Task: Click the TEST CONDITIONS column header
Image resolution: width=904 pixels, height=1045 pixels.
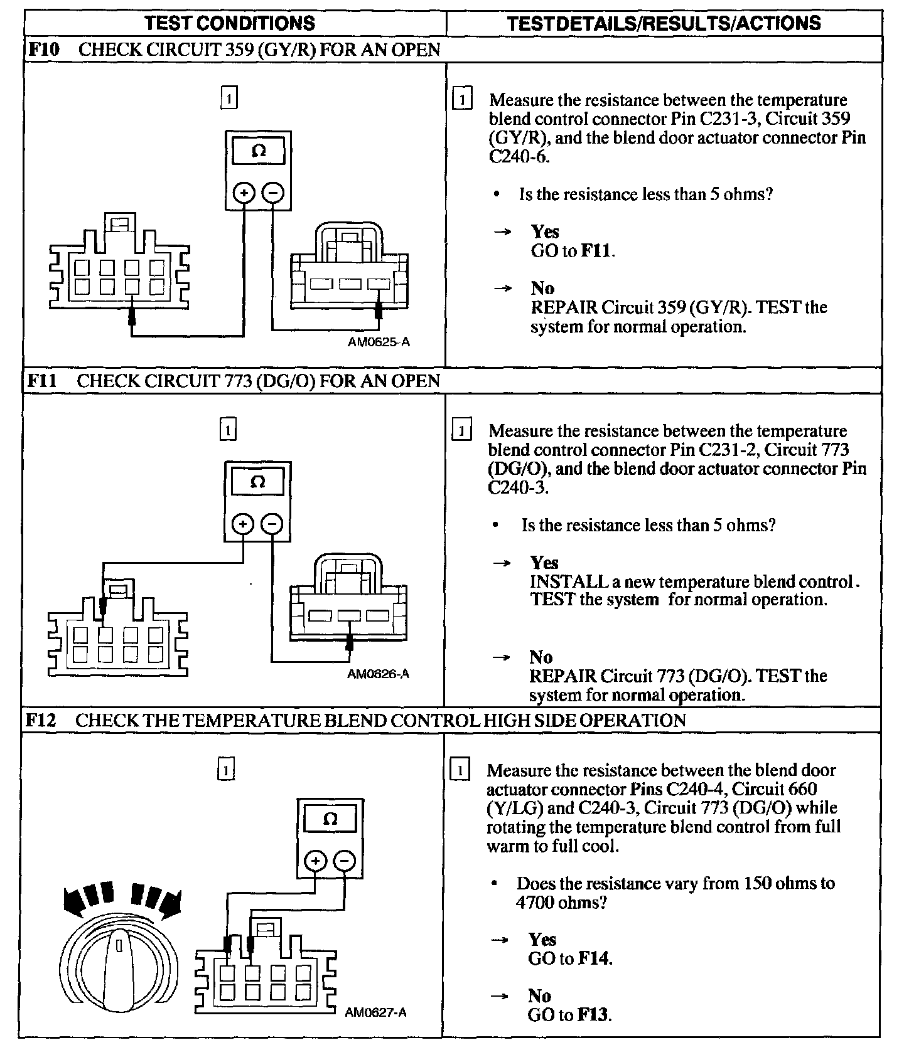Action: [x=230, y=23]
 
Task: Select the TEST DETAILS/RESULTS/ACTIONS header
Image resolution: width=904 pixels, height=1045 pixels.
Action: [x=664, y=23]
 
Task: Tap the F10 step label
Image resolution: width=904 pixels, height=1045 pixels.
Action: [x=43, y=50]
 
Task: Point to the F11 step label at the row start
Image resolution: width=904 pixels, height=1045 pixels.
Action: [x=41, y=381]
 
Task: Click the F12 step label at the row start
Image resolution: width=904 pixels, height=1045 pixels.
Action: [x=41, y=719]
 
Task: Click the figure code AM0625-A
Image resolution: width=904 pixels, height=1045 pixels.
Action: [x=379, y=342]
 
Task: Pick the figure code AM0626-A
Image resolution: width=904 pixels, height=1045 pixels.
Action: [x=378, y=674]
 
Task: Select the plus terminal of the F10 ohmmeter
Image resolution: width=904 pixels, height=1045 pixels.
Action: [x=244, y=193]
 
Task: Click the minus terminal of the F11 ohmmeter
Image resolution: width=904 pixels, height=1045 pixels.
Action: [x=272, y=524]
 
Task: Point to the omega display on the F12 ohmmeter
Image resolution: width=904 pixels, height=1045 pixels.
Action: [x=330, y=819]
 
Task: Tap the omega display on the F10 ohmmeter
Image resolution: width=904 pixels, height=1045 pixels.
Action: [x=258, y=151]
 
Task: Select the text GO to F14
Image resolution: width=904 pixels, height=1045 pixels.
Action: [x=570, y=958]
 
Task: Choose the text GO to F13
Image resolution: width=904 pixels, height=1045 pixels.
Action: [x=569, y=1015]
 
